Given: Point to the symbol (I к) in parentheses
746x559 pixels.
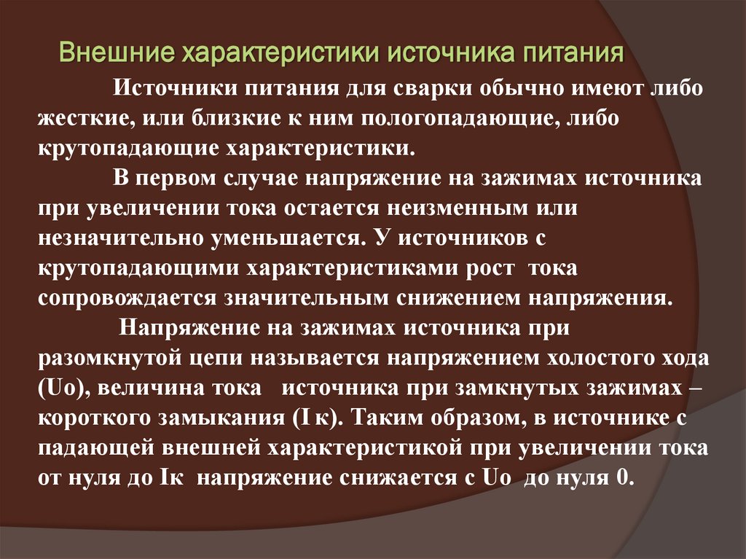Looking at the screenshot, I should tap(313, 418).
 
